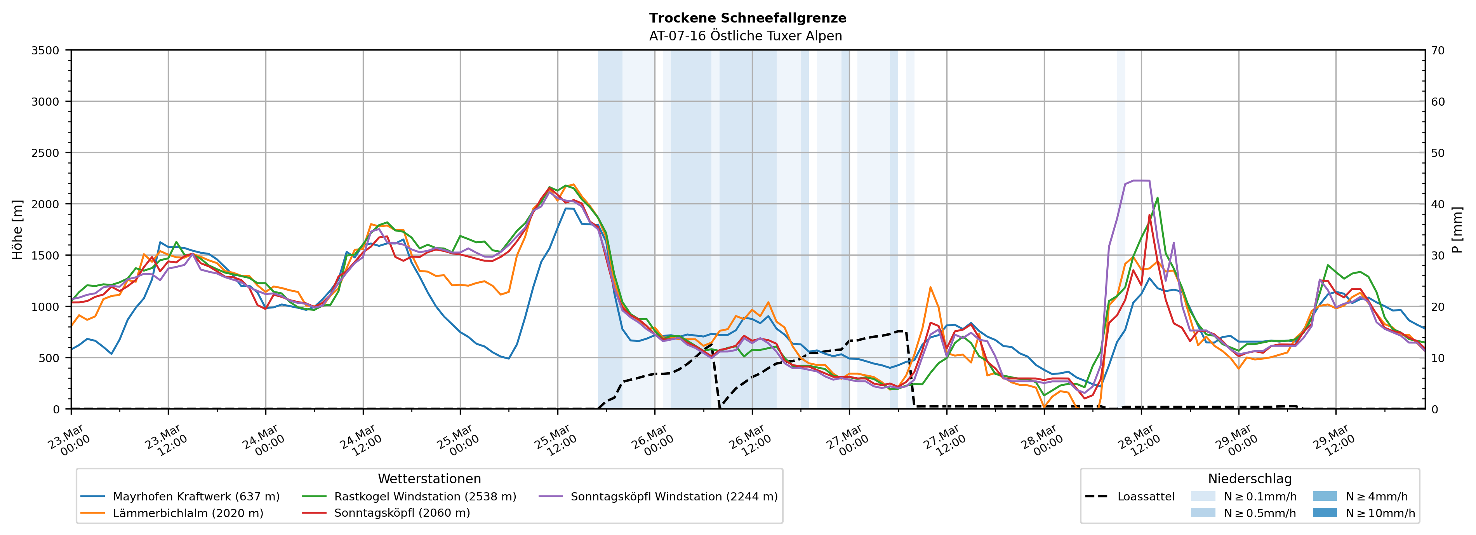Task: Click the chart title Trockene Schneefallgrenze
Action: [747, 18]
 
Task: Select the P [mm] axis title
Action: [1457, 229]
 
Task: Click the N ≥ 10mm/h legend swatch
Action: [1324, 512]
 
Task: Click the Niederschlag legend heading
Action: [1250, 479]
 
